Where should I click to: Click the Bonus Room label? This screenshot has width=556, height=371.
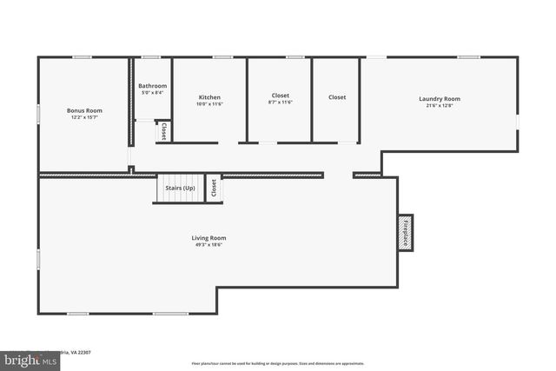click(x=84, y=110)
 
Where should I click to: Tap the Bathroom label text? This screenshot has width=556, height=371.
click(x=152, y=85)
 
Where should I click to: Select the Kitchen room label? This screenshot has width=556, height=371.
click(x=209, y=96)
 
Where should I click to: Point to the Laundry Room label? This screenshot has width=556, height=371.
click(x=439, y=98)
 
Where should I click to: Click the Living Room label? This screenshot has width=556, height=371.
click(x=208, y=237)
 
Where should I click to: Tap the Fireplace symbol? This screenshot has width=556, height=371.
click(x=405, y=232)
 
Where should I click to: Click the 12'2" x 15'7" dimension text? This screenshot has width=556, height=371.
click(x=84, y=117)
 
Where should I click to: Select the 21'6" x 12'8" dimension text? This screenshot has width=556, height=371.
click(x=439, y=105)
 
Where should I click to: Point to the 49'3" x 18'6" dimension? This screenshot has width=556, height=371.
click(x=208, y=244)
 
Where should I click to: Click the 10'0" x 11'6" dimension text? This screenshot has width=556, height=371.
click(x=209, y=103)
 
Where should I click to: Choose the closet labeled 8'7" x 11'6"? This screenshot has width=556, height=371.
click(x=280, y=98)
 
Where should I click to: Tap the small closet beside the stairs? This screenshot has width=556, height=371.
click(x=214, y=188)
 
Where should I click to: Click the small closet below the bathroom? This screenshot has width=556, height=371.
click(x=163, y=131)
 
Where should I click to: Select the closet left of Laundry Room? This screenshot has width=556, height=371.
click(x=337, y=97)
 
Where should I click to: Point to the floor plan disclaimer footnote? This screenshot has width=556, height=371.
click(x=277, y=364)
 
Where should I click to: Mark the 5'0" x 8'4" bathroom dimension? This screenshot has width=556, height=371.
click(x=152, y=92)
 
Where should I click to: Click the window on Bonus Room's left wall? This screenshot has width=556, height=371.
click(x=38, y=113)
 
